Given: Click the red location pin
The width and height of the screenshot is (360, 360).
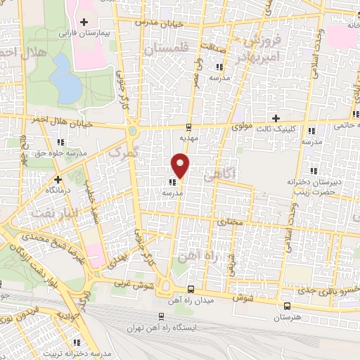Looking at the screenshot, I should click(x=181, y=165).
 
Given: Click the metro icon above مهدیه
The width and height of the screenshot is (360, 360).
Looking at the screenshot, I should click(x=188, y=127).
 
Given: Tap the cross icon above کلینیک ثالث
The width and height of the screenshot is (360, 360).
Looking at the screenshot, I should click(x=276, y=117).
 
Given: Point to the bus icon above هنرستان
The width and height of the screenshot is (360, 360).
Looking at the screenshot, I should click(x=287, y=306).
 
